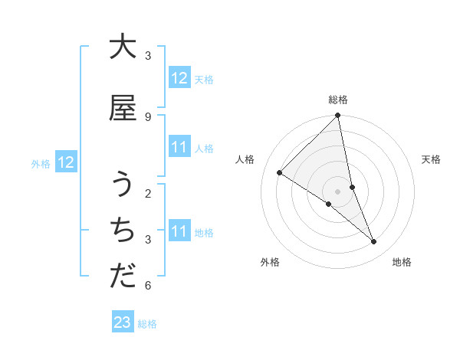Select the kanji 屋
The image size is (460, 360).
pyautogui.click(x=123, y=108)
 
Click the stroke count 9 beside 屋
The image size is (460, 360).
pyautogui.click(x=148, y=116)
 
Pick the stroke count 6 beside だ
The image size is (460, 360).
pyautogui.click(x=148, y=286)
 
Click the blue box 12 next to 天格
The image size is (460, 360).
pyautogui.click(x=179, y=78)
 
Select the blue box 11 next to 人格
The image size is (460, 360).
pyautogui.click(x=179, y=148)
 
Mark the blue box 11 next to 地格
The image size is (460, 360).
pyautogui.click(x=179, y=231)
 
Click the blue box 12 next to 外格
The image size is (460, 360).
pyautogui.click(x=65, y=162)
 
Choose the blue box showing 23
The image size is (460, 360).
pyautogui.click(x=123, y=322)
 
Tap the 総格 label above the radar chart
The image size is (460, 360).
pyautogui.click(x=338, y=100)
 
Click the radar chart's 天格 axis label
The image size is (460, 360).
pyautogui.click(x=431, y=159)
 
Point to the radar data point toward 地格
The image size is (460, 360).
pyautogui.click(x=374, y=242)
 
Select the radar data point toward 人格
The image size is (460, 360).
pyautogui.click(x=280, y=173)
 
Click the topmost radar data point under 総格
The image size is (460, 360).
pyautogui.click(x=338, y=116)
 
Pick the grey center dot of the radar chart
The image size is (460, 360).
pyautogui.click(x=338, y=191)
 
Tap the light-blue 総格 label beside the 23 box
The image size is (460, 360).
pyautogui.click(x=147, y=324)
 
